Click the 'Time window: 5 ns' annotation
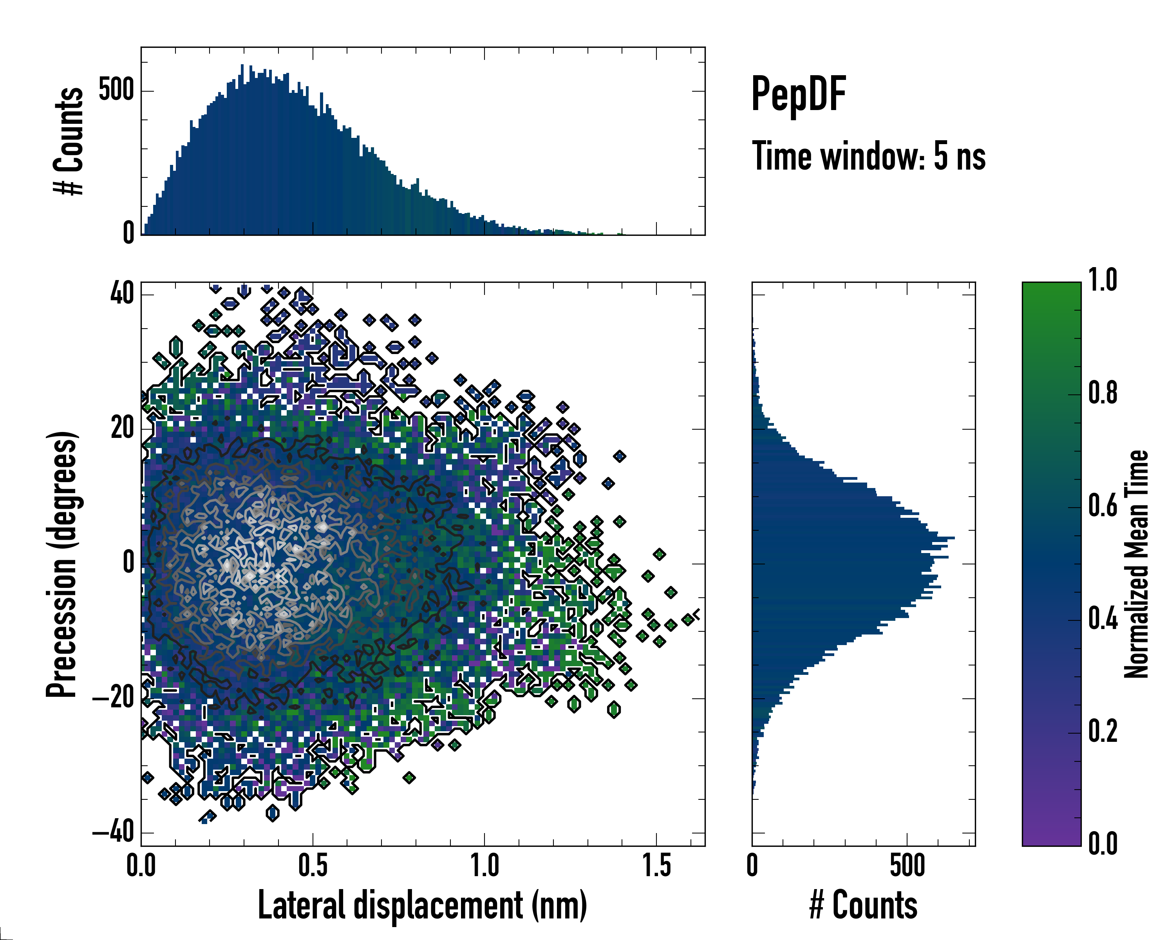tap(869, 156)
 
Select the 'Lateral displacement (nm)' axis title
tap(422, 905)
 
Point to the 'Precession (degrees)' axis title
tap(61, 564)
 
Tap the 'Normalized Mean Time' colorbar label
tap(1136, 564)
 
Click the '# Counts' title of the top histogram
tap(68, 141)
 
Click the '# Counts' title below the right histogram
tap(863, 905)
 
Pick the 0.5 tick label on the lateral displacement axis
tap(313, 866)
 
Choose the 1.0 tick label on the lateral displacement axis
tap(484, 866)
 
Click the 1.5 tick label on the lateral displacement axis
tap(656, 866)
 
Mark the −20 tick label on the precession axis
tap(113, 698)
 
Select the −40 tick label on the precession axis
tap(113, 832)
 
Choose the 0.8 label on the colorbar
tap(1103, 394)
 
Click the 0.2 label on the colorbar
tap(1103, 731)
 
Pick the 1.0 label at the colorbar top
tap(1103, 281)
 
